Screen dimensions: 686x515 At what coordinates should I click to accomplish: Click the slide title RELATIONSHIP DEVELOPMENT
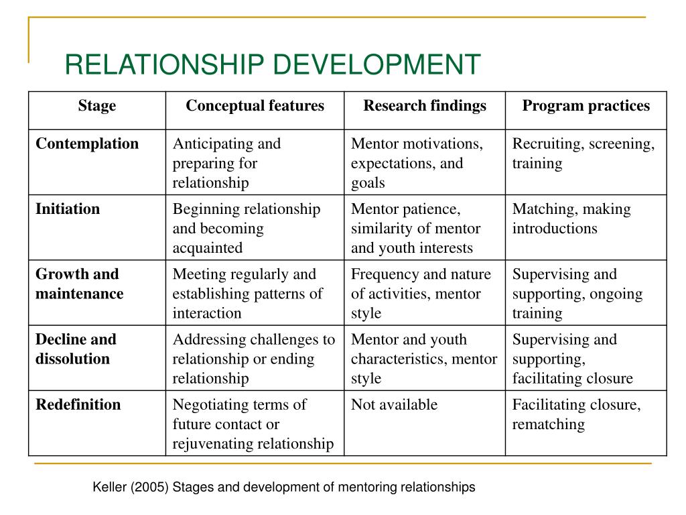click(x=273, y=64)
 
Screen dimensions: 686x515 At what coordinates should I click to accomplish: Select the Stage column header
click(x=97, y=106)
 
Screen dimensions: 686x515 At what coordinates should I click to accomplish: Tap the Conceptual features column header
click(x=255, y=106)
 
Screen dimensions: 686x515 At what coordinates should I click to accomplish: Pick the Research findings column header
click(x=425, y=106)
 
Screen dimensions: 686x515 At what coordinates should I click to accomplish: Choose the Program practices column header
click(x=586, y=106)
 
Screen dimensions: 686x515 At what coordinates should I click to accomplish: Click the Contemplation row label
click(x=87, y=144)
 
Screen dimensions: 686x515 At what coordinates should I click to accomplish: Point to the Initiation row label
click(x=68, y=209)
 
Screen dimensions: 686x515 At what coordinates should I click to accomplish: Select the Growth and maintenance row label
click(x=79, y=284)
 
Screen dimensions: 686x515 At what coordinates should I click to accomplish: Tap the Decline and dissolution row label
click(x=76, y=349)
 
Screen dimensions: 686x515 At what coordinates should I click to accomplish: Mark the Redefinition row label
click(x=78, y=404)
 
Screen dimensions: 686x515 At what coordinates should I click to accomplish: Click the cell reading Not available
click(x=394, y=404)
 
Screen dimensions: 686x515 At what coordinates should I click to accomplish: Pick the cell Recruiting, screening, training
click(x=584, y=154)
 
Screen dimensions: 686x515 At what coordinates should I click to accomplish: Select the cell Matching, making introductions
click(x=571, y=219)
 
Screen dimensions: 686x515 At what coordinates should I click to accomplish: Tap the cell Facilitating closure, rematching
click(x=577, y=414)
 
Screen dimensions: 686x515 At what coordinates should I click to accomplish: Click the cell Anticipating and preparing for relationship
click(x=226, y=163)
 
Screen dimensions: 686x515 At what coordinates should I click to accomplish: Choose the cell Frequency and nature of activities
click(x=421, y=293)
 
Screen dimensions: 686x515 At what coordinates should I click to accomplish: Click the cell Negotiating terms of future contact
click(x=253, y=424)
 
